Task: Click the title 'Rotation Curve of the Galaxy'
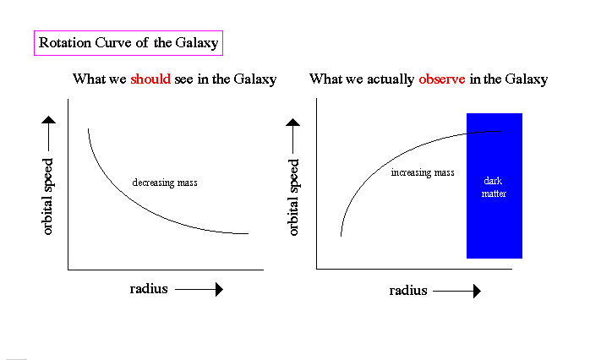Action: pos(128,43)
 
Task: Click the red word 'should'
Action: pos(150,79)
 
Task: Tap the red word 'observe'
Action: pos(441,79)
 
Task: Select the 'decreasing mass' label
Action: pos(165,183)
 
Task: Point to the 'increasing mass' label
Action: pos(423,172)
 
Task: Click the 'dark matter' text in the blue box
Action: pos(494,187)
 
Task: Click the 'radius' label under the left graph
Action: pos(149,289)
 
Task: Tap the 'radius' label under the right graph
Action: pos(408,291)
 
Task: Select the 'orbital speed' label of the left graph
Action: pos(47,196)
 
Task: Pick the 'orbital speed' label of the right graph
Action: pos(293,198)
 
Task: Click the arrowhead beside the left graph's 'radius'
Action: pos(219,290)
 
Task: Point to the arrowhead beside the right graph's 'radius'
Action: pos(477,291)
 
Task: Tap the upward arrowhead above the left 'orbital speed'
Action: pos(49,120)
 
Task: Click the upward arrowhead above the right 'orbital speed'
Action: pos(292,123)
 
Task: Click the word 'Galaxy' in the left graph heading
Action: pos(255,79)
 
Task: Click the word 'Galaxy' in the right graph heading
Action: pos(527,79)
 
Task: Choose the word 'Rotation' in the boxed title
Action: pos(65,42)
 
